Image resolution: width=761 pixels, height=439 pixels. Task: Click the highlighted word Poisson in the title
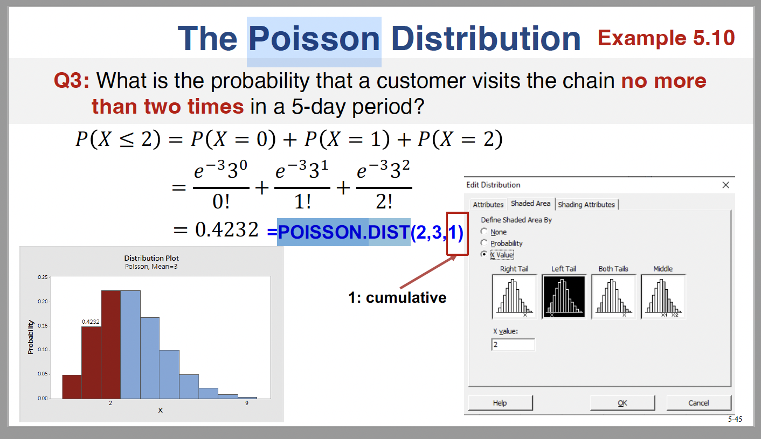(314, 39)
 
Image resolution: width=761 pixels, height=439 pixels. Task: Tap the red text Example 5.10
(666, 38)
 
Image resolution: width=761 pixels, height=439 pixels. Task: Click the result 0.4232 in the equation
(227, 230)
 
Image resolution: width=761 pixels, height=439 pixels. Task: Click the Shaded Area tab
(530, 204)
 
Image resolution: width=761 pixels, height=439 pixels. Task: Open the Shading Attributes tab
(586, 205)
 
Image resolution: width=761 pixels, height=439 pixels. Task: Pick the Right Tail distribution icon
(514, 296)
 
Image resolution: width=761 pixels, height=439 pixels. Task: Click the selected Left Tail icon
(564, 296)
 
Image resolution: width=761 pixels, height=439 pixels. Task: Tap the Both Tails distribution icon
(613, 296)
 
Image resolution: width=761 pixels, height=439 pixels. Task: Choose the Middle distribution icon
(663, 296)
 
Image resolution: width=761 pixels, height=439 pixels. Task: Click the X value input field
(513, 345)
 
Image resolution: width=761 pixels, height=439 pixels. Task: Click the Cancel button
(698, 403)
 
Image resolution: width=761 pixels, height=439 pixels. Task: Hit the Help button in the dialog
(500, 403)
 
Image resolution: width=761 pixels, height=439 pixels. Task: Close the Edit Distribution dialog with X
(725, 185)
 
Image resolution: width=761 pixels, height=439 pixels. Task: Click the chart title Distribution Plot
(151, 259)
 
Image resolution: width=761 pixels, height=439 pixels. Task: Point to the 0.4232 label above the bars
(91, 322)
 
